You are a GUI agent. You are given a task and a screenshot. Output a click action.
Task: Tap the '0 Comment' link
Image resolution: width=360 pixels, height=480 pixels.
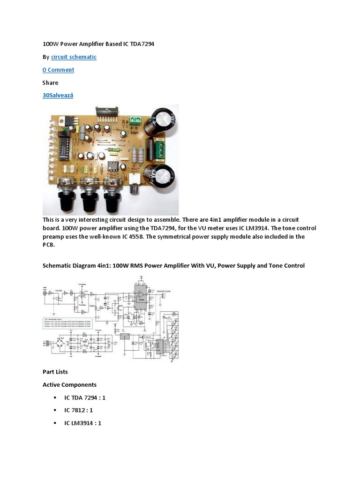[x=58, y=70]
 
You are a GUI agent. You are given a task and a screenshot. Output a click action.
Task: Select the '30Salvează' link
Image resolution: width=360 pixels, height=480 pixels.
[x=58, y=95]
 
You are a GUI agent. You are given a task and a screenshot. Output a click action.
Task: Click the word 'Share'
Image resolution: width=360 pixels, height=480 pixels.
[x=51, y=82]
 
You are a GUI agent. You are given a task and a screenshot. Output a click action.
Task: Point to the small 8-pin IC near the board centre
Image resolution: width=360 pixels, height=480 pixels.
[x=114, y=165]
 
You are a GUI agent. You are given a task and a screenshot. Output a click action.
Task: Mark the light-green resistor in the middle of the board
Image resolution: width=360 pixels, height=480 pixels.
[x=113, y=150]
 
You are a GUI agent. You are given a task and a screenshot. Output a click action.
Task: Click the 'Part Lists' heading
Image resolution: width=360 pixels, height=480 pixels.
[x=55, y=372]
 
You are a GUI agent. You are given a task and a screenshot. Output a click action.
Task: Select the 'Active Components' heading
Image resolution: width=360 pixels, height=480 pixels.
[x=69, y=385]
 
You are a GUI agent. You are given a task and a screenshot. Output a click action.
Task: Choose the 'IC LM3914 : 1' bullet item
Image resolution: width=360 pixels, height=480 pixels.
[x=82, y=423]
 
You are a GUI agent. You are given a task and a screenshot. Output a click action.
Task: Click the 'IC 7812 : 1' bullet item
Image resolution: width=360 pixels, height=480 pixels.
[x=79, y=410]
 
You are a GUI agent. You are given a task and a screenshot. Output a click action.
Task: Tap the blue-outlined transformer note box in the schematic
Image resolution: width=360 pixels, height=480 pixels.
[x=67, y=323]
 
